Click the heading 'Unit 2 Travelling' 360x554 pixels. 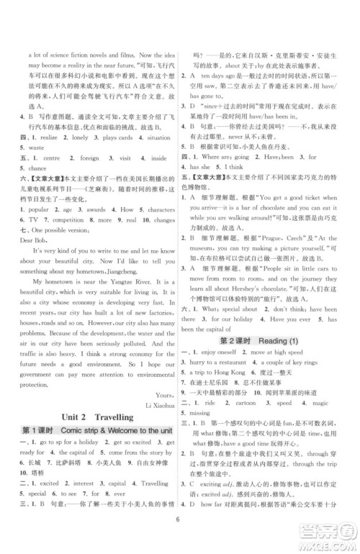coord(97,417)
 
